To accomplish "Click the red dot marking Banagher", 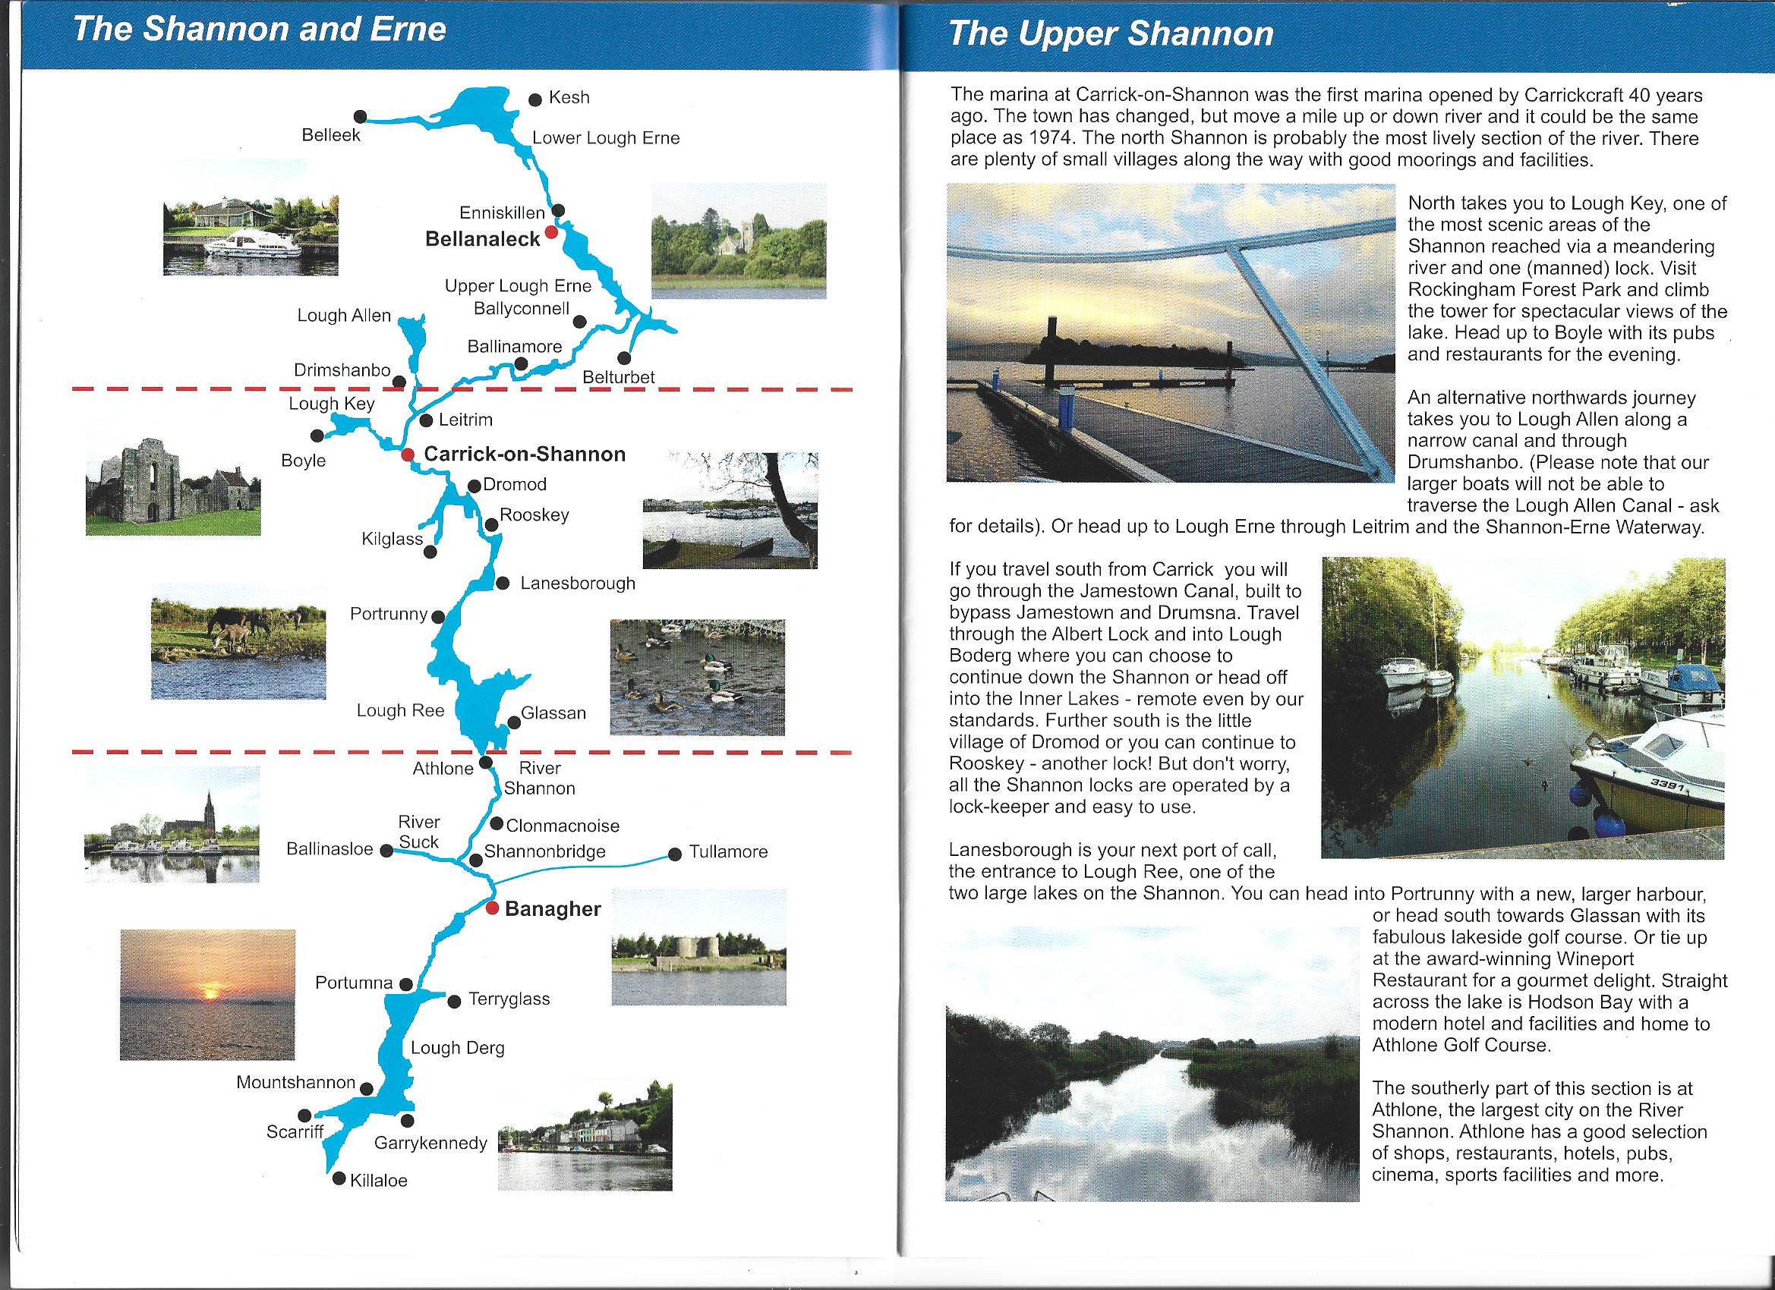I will pyautogui.click(x=491, y=908).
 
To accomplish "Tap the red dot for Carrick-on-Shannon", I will pyautogui.click(x=407, y=455).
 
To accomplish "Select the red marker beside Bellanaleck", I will pyautogui.click(x=551, y=232).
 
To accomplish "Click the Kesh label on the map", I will pyautogui.click(x=569, y=98).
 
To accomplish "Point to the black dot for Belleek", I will pyautogui.click(x=360, y=117).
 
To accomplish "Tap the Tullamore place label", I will pyautogui.click(x=728, y=852).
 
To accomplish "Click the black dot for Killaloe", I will pyautogui.click(x=339, y=1178).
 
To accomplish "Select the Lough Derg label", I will pyautogui.click(x=457, y=1047).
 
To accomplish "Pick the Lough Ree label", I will pyautogui.click(x=400, y=710).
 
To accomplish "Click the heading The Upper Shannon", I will pyautogui.click(x=1111, y=34).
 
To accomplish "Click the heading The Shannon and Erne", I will pyautogui.click(x=259, y=30).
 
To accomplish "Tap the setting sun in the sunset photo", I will pyautogui.click(x=210, y=993).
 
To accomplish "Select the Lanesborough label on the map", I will pyautogui.click(x=578, y=584).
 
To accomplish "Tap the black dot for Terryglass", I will pyautogui.click(x=454, y=1002).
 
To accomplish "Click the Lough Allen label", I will pyautogui.click(x=344, y=315).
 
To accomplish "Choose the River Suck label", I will pyautogui.click(x=419, y=832).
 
